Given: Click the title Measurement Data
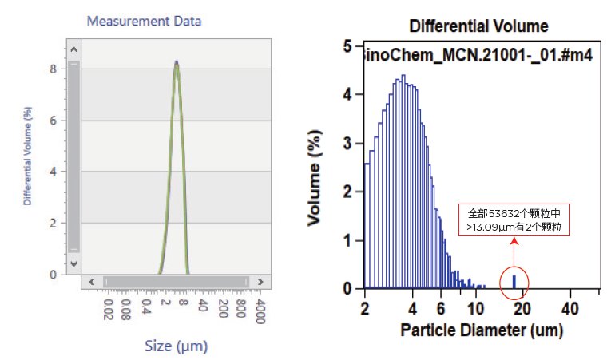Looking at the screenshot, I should tap(144, 21).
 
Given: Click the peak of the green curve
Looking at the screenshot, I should tap(177, 64).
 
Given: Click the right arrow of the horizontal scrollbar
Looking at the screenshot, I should tap(259, 281).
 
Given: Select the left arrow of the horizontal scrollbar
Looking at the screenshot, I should tap(91, 281).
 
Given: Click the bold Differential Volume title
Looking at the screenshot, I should tap(478, 26).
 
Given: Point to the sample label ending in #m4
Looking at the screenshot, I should tap(478, 58).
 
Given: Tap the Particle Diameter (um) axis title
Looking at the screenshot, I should tap(482, 330).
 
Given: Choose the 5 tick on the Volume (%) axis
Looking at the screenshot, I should tap(347, 47).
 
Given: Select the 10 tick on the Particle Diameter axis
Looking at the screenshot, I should tap(476, 309).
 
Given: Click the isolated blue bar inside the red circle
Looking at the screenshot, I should tap(514, 281).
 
